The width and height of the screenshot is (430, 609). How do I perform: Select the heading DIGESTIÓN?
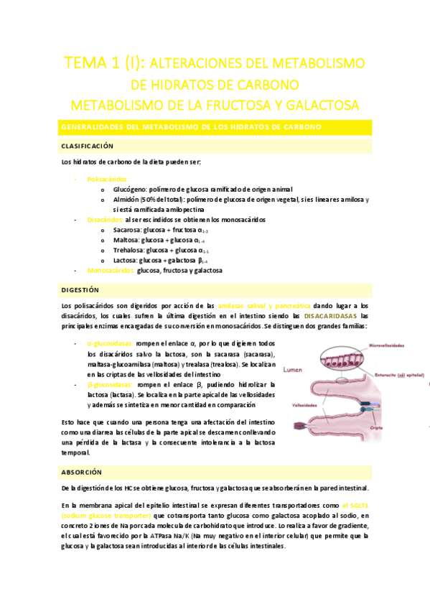[x=80, y=290]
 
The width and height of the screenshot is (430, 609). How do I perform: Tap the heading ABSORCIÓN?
[x=82, y=472]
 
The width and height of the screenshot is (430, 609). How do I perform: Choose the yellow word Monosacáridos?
[x=111, y=271]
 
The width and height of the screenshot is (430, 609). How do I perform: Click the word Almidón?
[x=127, y=199]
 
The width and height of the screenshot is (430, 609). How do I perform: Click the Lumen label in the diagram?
[x=294, y=372]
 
